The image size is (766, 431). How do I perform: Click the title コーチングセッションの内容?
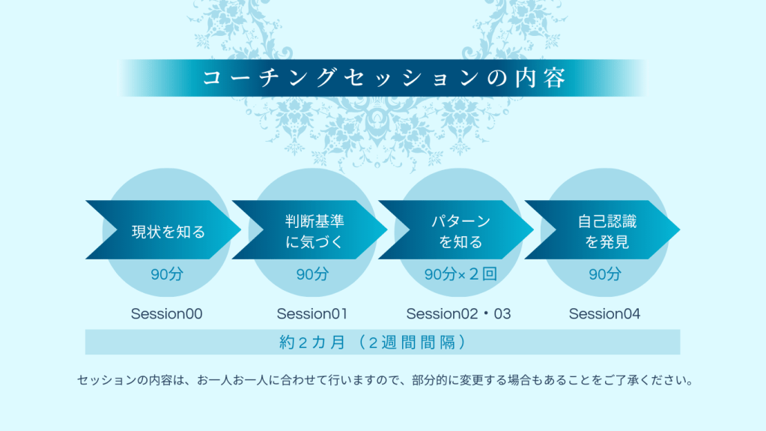click(x=384, y=78)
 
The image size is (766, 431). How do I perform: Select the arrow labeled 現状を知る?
click(x=163, y=229)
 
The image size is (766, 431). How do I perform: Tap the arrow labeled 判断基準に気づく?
click(x=309, y=229)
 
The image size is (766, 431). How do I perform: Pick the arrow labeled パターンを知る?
click(x=456, y=229)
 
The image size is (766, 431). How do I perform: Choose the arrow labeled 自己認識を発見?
click(x=602, y=229)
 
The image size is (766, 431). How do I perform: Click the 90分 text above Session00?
click(x=166, y=274)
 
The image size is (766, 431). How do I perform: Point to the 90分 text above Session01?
click(x=313, y=274)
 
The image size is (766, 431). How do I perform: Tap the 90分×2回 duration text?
click(x=460, y=274)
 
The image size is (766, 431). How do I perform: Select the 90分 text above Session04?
click(x=605, y=274)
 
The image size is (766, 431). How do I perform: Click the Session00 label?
click(x=166, y=313)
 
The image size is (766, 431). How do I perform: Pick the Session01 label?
click(x=312, y=313)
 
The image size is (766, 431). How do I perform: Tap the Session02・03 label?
click(x=459, y=313)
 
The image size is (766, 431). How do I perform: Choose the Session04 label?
click(x=605, y=313)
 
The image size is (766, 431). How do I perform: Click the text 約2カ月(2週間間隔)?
click(x=373, y=342)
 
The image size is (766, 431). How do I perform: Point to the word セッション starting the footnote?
click(x=106, y=380)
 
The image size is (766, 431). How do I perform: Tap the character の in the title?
click(x=497, y=78)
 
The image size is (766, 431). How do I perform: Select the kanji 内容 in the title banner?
click(x=541, y=78)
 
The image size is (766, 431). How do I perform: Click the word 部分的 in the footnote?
click(x=430, y=380)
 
